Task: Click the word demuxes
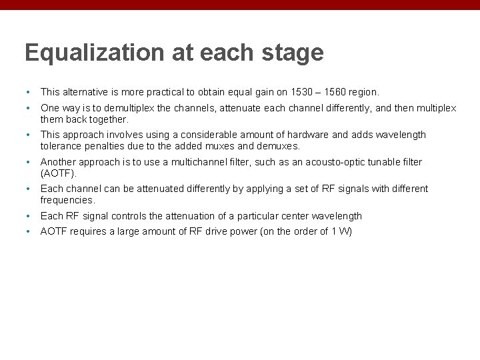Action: (280, 146)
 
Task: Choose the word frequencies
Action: (67, 200)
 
